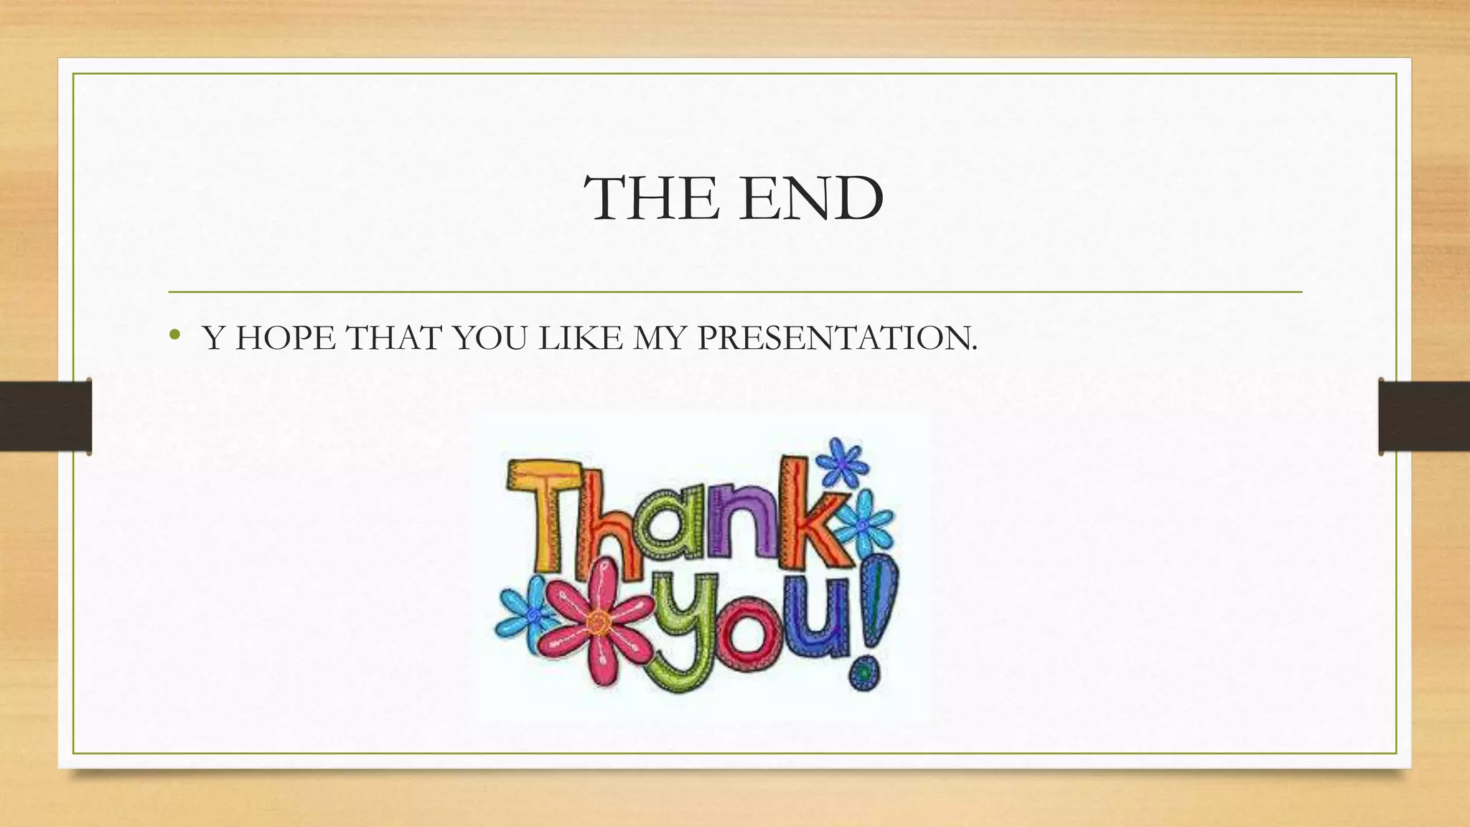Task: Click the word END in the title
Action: [811, 198]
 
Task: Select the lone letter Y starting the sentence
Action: [214, 337]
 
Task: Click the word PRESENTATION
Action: [837, 337]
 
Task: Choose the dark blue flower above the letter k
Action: [841, 462]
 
